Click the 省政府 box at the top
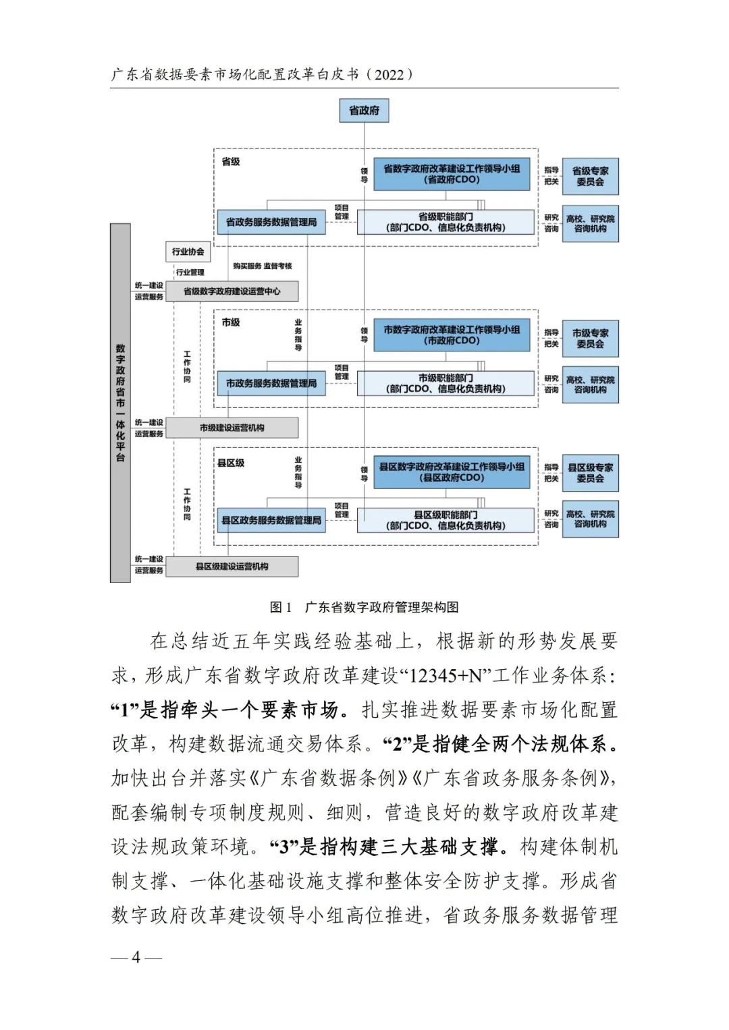pos(364,111)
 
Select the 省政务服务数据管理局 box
pos(271,222)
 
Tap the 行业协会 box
pos(188,252)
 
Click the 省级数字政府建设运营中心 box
pos(232,291)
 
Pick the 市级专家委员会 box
pos(590,339)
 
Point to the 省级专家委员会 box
pos(590,176)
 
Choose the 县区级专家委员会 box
pos(590,473)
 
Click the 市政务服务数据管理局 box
pos(271,383)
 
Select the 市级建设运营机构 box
pos(232,428)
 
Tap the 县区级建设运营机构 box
pos(232,567)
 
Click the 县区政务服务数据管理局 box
pos(271,520)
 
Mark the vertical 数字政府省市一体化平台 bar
pos(120,403)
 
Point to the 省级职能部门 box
pos(446,222)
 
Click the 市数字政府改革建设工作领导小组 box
pos(452,335)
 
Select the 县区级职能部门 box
pos(446,520)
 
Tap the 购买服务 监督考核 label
pos(263,266)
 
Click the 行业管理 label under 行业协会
pos(190,273)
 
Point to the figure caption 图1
pos(280,607)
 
